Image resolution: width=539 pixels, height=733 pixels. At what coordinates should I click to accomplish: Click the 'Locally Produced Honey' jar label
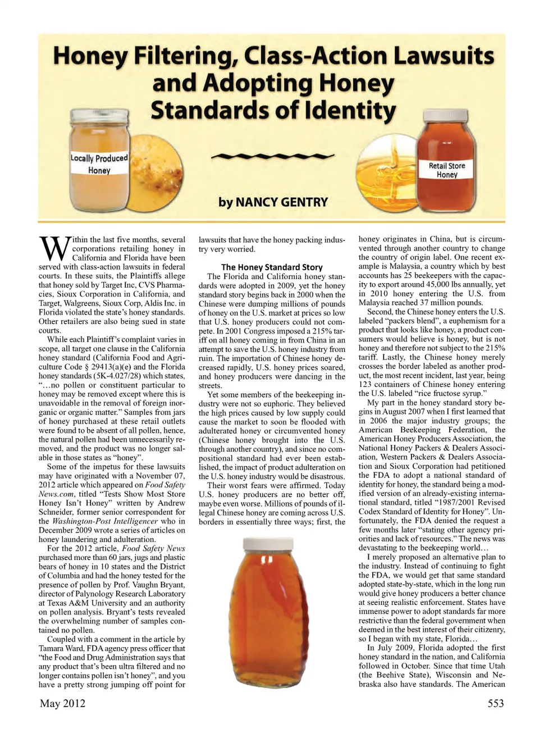(x=99, y=164)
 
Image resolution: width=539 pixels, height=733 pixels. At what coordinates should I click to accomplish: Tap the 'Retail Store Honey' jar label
(x=446, y=170)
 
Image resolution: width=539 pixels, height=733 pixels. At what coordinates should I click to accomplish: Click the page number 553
(x=495, y=703)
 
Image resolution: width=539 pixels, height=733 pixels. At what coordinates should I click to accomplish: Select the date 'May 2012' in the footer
(x=62, y=703)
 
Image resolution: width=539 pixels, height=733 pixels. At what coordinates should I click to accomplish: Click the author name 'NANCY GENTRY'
(x=281, y=202)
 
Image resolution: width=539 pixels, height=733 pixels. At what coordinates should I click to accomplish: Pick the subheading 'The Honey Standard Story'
(x=272, y=267)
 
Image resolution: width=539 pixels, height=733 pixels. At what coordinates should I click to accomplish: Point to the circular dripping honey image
(x=387, y=163)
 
